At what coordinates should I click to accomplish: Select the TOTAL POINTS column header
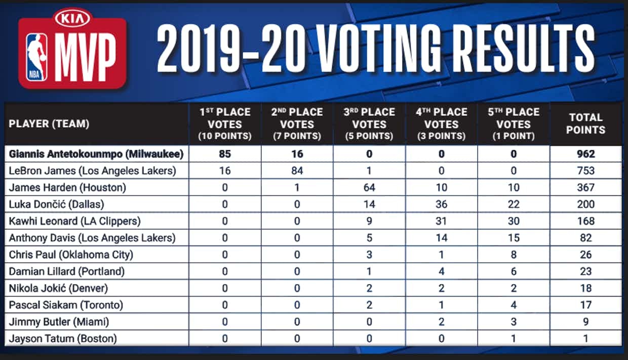click(x=585, y=124)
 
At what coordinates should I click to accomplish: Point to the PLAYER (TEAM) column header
click(x=49, y=124)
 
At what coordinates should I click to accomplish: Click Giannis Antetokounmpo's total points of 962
click(x=585, y=154)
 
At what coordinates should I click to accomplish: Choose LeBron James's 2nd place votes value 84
click(x=297, y=171)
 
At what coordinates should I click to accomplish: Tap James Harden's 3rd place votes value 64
click(x=369, y=187)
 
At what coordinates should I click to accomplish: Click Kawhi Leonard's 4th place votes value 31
click(x=441, y=221)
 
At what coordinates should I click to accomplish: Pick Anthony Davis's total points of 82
click(x=585, y=237)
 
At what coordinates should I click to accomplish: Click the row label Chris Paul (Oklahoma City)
click(x=71, y=254)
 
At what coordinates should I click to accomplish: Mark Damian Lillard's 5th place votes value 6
click(x=514, y=271)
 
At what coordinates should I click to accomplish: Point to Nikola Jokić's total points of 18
click(x=585, y=288)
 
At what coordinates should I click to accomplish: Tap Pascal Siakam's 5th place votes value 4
click(x=514, y=305)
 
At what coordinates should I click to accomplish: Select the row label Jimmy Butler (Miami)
click(x=59, y=322)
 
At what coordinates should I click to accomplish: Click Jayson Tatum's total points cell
click(x=585, y=338)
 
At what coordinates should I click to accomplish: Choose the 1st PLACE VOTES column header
click(x=225, y=124)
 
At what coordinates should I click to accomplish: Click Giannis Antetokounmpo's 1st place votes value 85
click(x=225, y=154)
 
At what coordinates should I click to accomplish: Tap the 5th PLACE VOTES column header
click(x=514, y=124)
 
